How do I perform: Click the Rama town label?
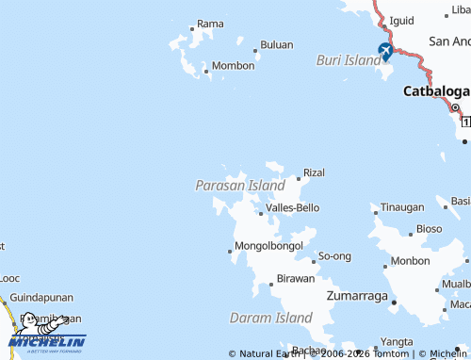[210, 24]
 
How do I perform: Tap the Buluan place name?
[276, 44]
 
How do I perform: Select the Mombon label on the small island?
[233, 66]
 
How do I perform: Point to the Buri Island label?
[348, 59]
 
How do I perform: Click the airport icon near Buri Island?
[385, 50]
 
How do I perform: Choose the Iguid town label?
[401, 20]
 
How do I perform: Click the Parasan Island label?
[240, 186]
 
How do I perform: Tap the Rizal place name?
[314, 172]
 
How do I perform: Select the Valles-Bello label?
[292, 207]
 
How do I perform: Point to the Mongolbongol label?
[268, 246]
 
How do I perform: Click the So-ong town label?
[334, 256]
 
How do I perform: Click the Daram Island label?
[270, 319]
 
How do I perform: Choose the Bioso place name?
[429, 228]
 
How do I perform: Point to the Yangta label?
[397, 341]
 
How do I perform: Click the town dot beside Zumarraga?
[394, 302]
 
